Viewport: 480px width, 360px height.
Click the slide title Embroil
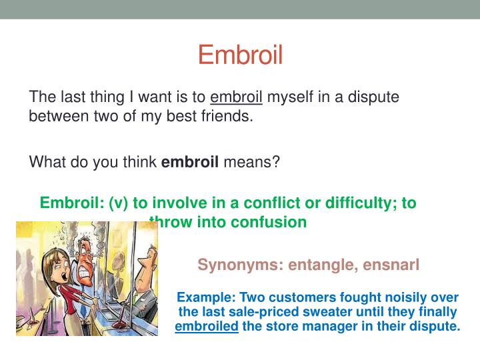click(x=240, y=55)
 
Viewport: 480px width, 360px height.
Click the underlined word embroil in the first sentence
click(x=237, y=97)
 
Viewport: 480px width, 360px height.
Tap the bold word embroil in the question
click(x=190, y=162)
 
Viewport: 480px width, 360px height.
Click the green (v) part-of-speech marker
click(x=121, y=203)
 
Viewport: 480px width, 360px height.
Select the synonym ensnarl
click(x=391, y=265)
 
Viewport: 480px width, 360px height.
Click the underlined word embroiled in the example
click(x=207, y=327)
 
